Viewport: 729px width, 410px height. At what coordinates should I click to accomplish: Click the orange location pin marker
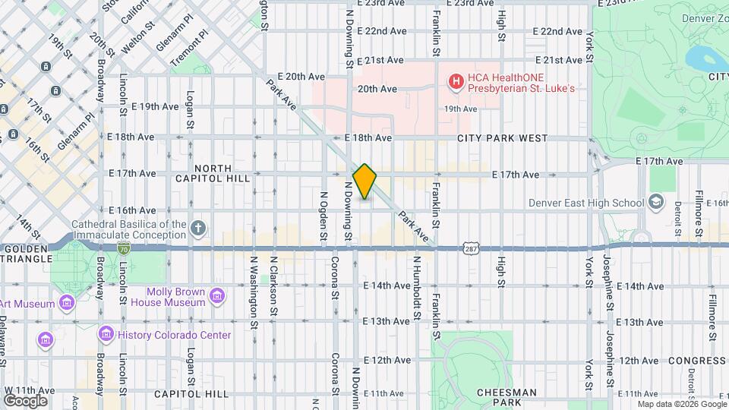[364, 181]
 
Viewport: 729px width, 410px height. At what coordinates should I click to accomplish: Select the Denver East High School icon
[657, 202]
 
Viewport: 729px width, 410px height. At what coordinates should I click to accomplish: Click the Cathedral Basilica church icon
[198, 228]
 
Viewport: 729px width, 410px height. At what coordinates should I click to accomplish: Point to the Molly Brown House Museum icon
[217, 295]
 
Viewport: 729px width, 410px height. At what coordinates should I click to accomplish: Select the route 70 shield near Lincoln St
[124, 248]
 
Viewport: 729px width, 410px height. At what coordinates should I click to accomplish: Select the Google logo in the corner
[25, 400]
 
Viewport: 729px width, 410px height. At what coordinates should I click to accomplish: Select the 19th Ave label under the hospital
[461, 109]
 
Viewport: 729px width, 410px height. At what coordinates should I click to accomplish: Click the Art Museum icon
[67, 304]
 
